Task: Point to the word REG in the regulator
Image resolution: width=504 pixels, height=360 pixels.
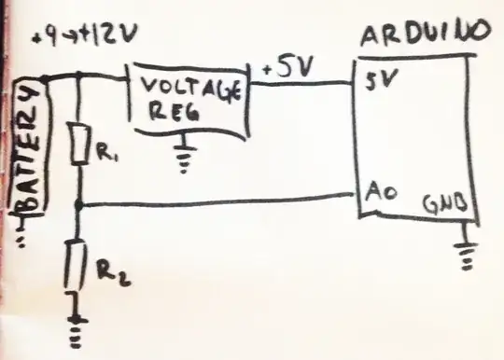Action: point(167,114)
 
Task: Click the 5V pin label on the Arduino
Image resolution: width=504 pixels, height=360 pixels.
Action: point(378,81)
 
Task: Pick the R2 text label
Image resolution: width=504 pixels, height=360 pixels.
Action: point(109,271)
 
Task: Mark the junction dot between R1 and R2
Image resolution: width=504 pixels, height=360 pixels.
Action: point(81,203)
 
